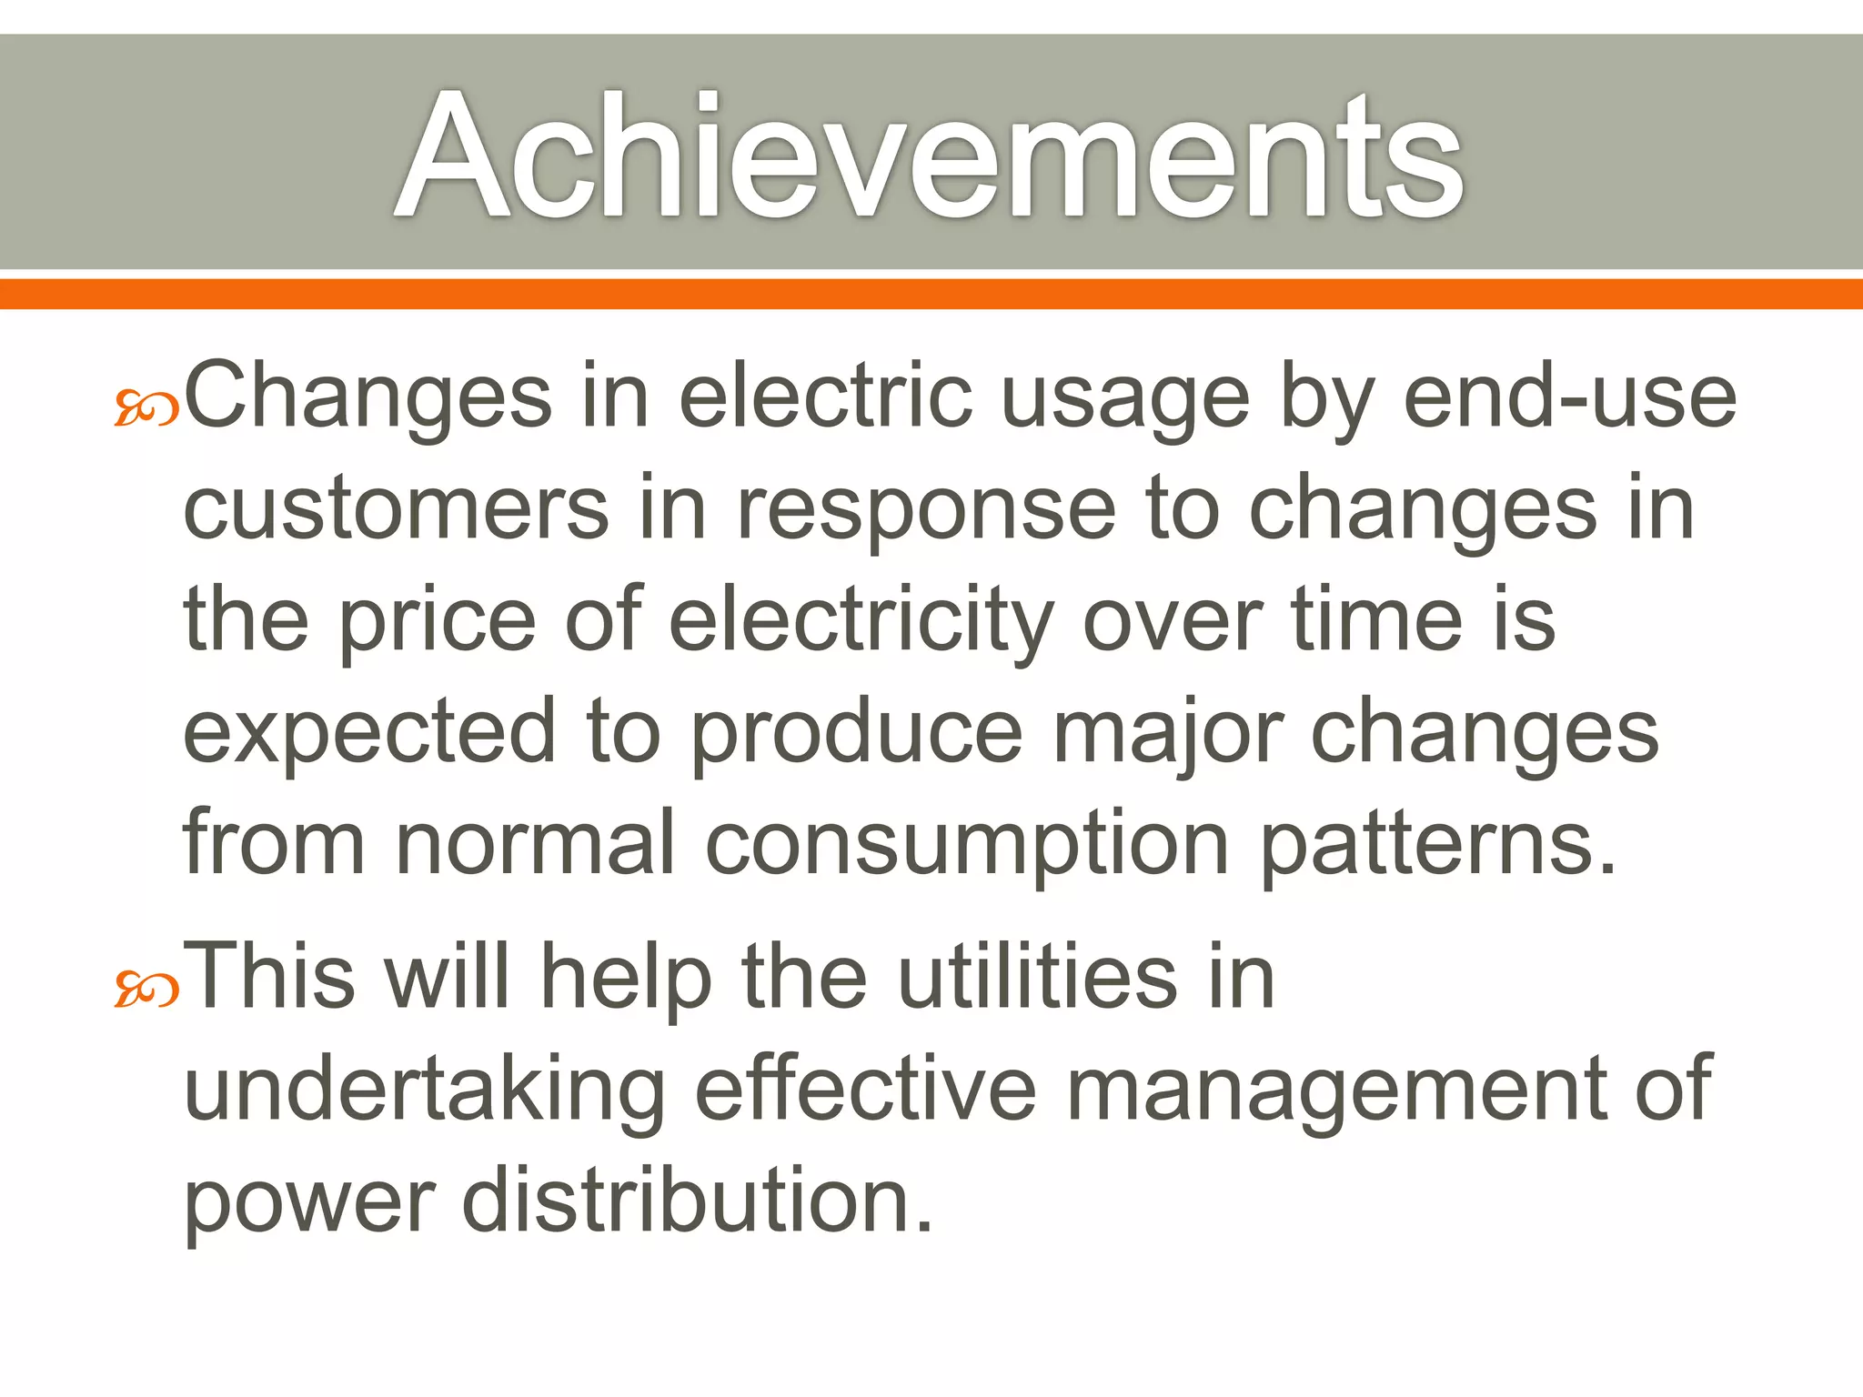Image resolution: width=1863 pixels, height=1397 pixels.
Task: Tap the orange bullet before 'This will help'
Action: coord(146,990)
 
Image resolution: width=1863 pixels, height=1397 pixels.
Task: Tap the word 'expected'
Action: coord(369,735)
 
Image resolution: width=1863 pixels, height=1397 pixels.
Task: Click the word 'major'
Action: coord(1168,735)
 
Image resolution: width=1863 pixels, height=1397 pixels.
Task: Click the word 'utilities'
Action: coord(1038,978)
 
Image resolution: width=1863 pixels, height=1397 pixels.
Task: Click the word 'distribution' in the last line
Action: coord(697,1201)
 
